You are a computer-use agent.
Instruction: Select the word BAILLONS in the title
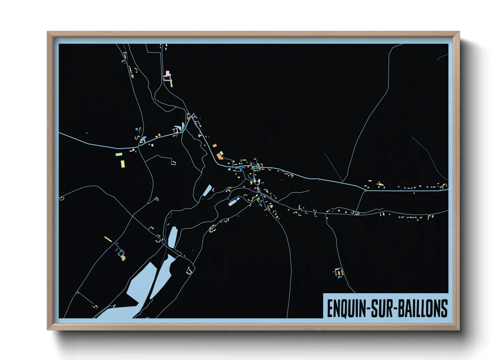(423, 309)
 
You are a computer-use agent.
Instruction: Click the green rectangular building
(119, 154)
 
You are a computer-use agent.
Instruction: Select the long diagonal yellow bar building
(108, 239)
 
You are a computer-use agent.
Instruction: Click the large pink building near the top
(167, 73)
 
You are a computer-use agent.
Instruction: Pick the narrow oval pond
(173, 237)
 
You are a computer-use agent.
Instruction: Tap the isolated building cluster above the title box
(338, 273)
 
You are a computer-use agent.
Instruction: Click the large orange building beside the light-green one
(220, 157)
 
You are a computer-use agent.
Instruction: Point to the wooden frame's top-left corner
(48, 32)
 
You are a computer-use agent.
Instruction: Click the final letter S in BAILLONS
(444, 309)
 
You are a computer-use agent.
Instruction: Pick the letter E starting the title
(330, 309)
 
